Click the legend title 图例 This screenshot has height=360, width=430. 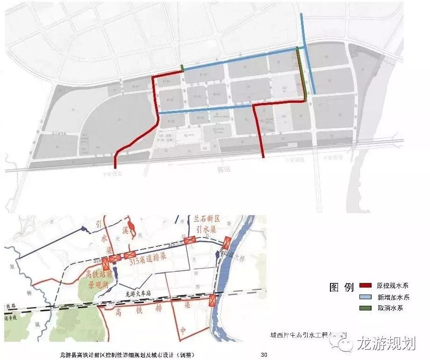tap(341, 288)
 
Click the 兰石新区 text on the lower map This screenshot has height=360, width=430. tap(207, 220)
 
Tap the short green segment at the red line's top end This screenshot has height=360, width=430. tap(182, 68)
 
